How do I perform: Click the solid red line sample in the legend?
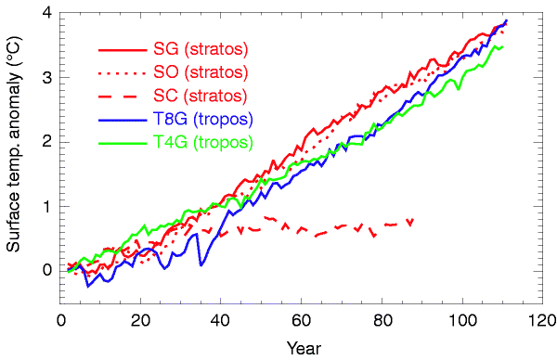click(x=121, y=48)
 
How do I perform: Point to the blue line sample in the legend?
click(x=121, y=119)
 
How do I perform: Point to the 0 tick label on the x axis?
click(x=61, y=322)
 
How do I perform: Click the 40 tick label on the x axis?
click(x=220, y=322)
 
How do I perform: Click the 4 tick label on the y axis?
click(x=45, y=14)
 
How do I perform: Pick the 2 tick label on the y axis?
click(x=45, y=142)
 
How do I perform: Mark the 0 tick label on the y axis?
click(x=45, y=270)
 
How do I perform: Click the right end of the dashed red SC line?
click(x=410, y=220)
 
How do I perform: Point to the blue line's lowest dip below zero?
click(x=88, y=286)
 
